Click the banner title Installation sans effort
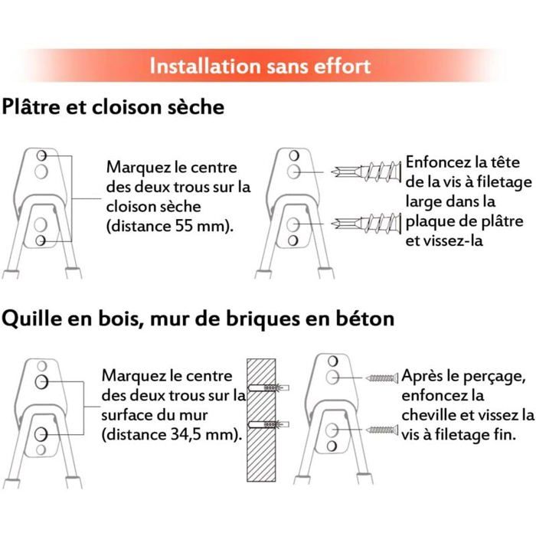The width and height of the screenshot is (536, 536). (260, 66)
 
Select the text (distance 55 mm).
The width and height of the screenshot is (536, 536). (170, 226)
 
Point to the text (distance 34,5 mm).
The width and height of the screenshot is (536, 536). (172, 434)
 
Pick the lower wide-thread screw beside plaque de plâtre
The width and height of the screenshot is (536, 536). (366, 224)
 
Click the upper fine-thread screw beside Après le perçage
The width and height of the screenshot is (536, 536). (382, 377)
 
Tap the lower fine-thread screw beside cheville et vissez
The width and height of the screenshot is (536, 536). (382, 430)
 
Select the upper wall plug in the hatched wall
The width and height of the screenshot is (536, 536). (269, 388)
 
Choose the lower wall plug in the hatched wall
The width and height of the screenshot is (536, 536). (269, 424)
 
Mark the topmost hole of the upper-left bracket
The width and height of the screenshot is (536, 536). (41, 156)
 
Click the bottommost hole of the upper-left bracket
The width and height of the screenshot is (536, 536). (41, 240)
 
